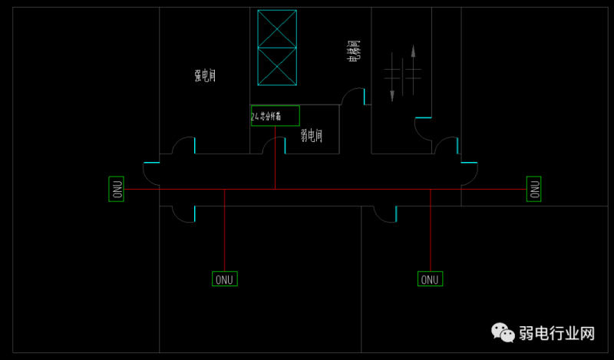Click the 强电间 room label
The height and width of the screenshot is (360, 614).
tap(204, 75)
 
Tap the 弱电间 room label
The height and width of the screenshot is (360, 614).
tap(311, 136)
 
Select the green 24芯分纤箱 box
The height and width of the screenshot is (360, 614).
tap(275, 116)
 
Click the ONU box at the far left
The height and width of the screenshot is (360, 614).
tap(117, 189)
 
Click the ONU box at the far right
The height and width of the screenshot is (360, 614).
tap(533, 188)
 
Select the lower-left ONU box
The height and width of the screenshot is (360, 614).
tap(225, 279)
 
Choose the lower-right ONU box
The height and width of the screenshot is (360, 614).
tap(430, 279)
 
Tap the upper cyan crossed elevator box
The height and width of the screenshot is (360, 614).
tap(277, 28)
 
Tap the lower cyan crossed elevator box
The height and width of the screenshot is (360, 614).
tap(277, 67)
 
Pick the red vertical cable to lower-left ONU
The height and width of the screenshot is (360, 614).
tap(224, 230)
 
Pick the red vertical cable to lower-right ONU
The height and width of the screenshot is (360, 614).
tap(430, 230)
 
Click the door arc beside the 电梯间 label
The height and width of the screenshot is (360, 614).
tap(354, 97)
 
